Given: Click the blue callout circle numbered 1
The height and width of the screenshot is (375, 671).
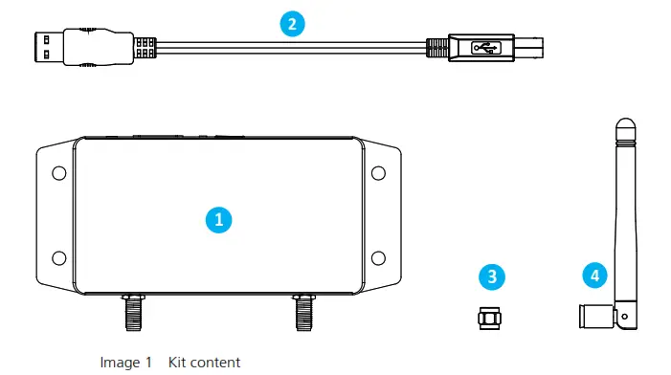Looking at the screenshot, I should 218,218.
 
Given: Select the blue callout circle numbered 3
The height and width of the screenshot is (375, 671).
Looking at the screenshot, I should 492,277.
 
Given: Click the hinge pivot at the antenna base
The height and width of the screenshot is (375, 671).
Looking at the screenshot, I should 626,315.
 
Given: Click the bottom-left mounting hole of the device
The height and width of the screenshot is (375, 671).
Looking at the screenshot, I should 58,256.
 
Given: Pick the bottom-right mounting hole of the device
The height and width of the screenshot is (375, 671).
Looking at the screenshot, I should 377,256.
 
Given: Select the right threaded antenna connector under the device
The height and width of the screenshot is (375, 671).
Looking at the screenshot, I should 305,311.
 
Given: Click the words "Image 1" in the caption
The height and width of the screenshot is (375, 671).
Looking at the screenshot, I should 126,363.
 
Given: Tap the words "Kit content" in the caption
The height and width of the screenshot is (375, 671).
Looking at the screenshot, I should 205,363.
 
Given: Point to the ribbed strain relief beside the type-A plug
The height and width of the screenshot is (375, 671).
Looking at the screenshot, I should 145,45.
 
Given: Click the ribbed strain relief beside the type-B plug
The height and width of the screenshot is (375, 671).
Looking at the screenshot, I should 436,45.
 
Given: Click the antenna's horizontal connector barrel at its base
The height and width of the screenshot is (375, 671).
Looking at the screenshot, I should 594,315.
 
